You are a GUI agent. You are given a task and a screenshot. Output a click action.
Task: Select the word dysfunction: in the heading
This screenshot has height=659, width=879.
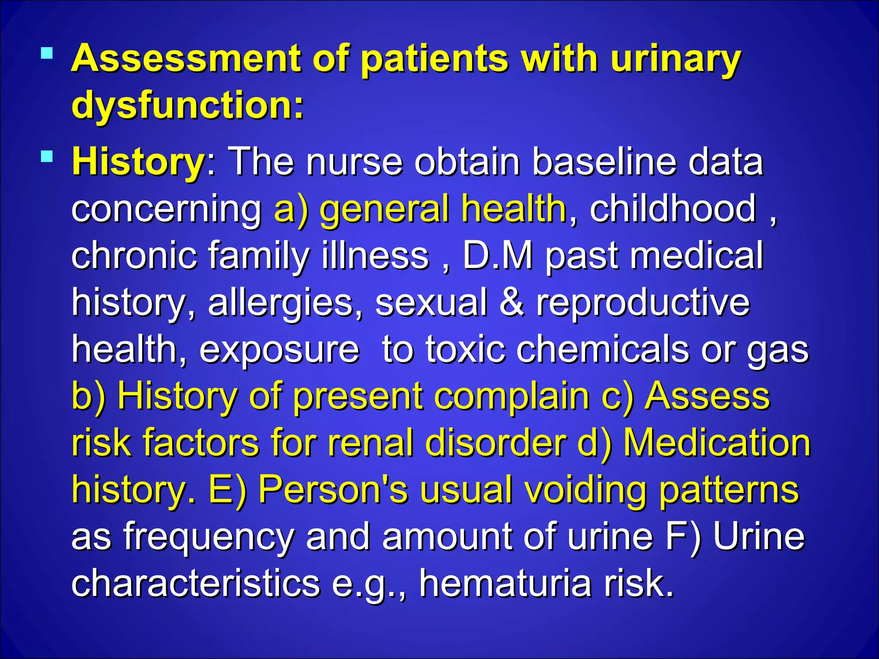coord(188,105)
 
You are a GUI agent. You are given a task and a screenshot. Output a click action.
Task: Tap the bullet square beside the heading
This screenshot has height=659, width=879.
coord(47,54)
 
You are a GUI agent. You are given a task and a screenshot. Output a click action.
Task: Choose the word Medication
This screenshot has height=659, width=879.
coord(716,443)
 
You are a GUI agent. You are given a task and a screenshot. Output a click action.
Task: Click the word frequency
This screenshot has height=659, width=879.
coord(209,537)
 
